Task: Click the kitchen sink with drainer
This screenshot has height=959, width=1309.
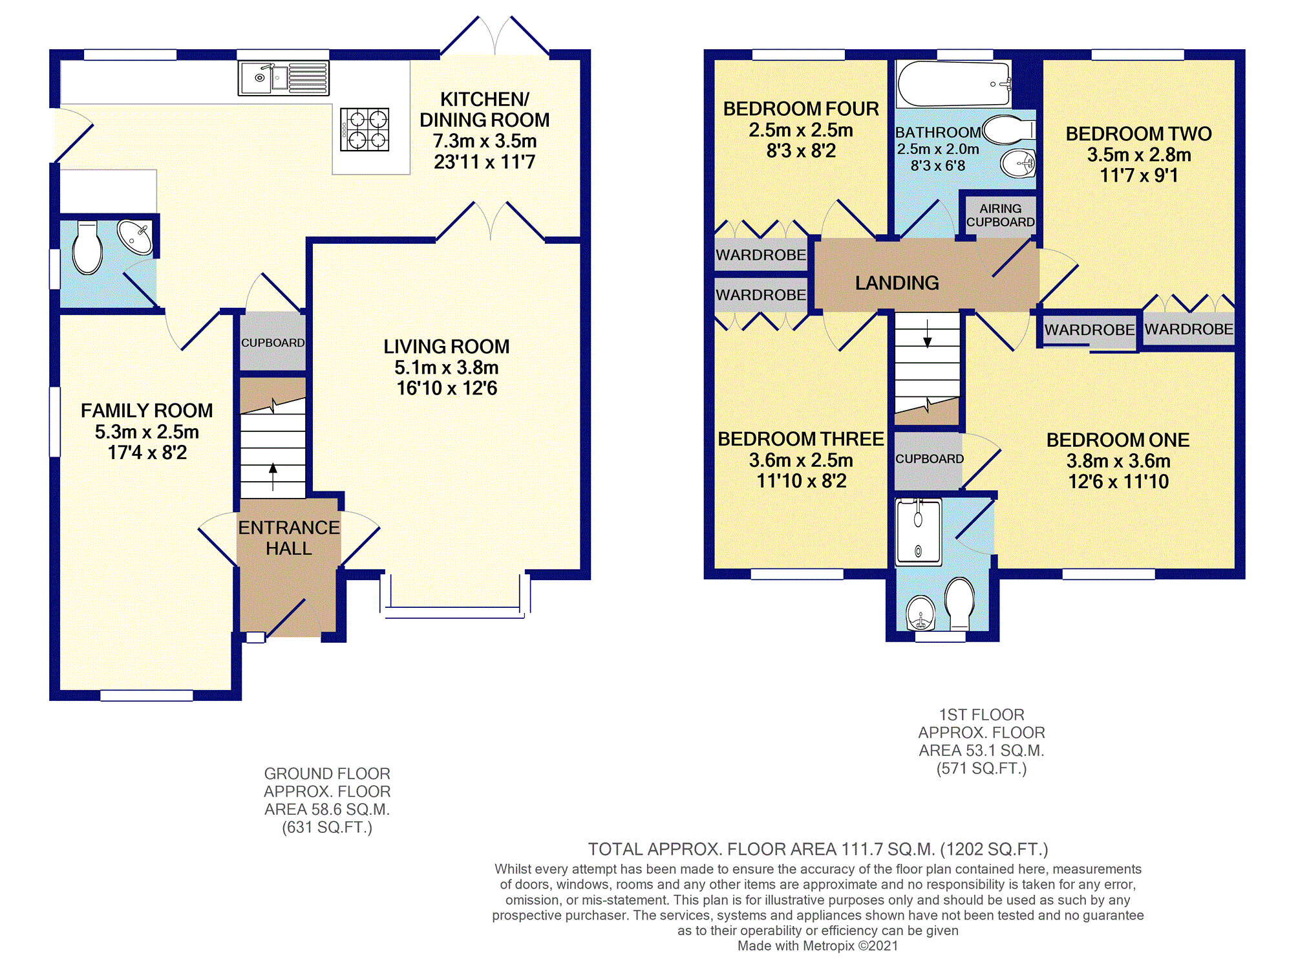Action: (283, 78)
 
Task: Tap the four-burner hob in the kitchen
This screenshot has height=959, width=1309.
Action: (365, 129)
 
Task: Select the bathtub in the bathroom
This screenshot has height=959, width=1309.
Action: (953, 84)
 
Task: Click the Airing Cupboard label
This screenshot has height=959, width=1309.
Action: (1000, 215)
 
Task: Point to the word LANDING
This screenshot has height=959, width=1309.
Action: (897, 283)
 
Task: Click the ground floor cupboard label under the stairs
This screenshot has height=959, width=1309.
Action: (273, 343)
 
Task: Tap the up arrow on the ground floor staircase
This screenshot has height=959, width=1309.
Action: (273, 477)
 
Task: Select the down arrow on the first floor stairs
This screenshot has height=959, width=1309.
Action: (928, 334)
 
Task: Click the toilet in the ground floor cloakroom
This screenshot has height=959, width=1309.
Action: (87, 248)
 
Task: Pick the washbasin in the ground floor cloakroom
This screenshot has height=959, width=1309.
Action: (134, 237)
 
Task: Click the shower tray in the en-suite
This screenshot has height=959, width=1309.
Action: (919, 532)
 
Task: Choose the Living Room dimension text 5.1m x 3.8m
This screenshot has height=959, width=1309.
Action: (447, 368)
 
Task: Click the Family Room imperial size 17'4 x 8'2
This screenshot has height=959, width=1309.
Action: (147, 453)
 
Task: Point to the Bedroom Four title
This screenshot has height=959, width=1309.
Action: (801, 109)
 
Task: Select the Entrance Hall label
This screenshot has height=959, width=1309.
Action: (289, 538)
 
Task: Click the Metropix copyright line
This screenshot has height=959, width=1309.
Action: (818, 945)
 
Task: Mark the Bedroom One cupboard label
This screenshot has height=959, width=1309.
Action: (930, 459)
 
